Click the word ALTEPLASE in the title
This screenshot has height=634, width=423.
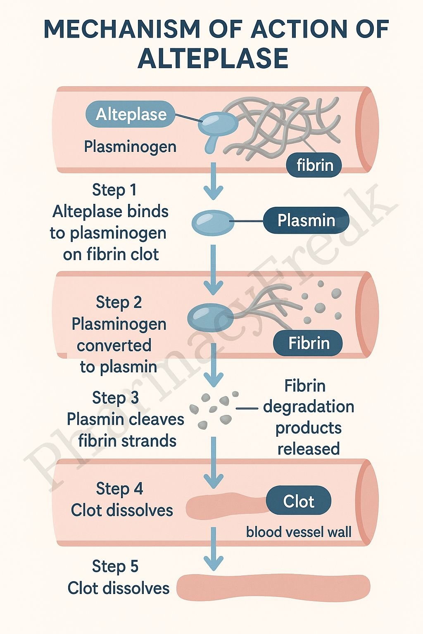[213, 58]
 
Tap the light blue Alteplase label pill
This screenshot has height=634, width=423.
[131, 114]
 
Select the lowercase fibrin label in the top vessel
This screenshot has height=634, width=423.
[314, 165]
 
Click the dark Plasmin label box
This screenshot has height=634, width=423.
[306, 220]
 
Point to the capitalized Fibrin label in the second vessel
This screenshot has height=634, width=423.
[308, 343]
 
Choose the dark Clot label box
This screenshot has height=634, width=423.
[299, 501]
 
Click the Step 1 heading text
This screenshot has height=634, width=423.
[114, 190]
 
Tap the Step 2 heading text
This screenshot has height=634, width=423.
[119, 302]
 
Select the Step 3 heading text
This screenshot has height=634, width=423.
[115, 397]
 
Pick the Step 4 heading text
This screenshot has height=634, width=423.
[119, 489]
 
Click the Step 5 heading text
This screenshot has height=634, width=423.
[115, 566]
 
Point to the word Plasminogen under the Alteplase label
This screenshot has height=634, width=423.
[130, 147]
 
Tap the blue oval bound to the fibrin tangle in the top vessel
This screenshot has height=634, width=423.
[218, 123]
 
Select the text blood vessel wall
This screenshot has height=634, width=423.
[299, 532]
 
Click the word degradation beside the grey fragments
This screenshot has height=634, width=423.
[309, 407]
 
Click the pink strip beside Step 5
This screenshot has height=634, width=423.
[273, 587]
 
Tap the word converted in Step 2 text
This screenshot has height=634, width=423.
[114, 345]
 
